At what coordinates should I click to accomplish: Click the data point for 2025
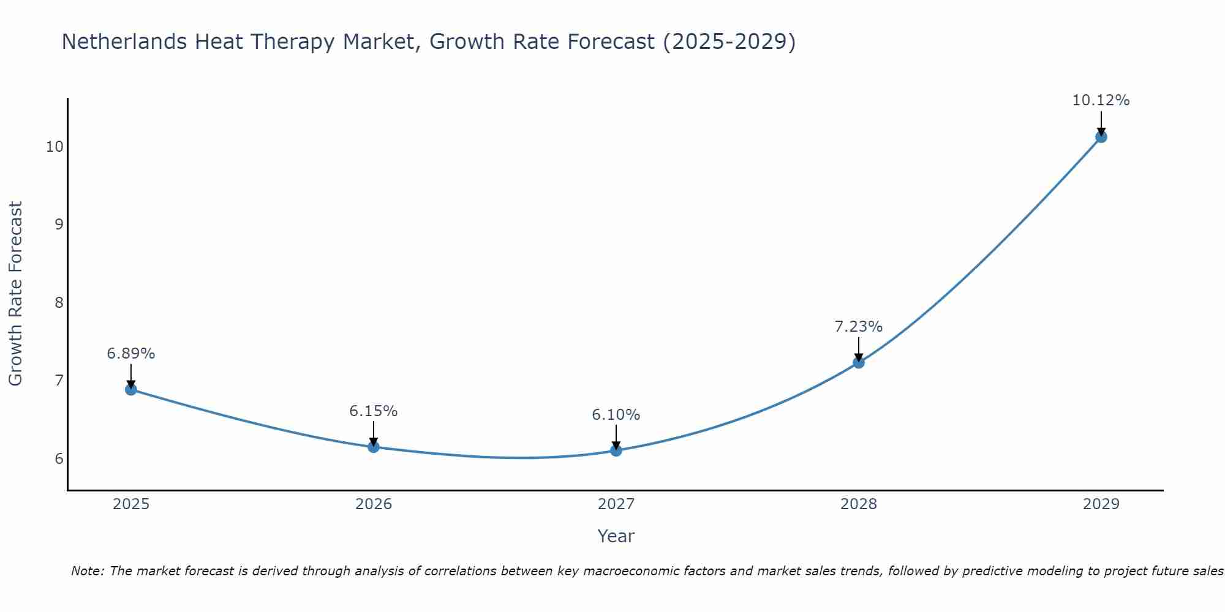(131, 389)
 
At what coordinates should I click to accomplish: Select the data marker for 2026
(374, 447)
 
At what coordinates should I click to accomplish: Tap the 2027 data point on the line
(616, 450)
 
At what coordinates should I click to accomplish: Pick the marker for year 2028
(859, 362)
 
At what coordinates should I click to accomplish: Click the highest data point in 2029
(1101, 136)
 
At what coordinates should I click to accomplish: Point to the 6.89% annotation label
(131, 354)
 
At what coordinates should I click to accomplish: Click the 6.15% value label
(374, 411)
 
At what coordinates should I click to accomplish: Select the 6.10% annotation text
(616, 415)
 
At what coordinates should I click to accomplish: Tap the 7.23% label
(859, 327)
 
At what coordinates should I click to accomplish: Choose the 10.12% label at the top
(1101, 100)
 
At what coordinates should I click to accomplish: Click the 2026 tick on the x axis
(374, 504)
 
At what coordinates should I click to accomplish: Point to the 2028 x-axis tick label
(859, 504)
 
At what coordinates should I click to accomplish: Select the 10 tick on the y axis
(55, 147)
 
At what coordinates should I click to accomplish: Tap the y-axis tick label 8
(59, 303)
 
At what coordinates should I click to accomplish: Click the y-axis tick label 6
(59, 459)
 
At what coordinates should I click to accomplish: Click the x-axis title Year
(616, 536)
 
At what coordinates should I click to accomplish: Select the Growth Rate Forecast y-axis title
(16, 294)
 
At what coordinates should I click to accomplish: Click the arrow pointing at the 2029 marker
(1101, 122)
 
